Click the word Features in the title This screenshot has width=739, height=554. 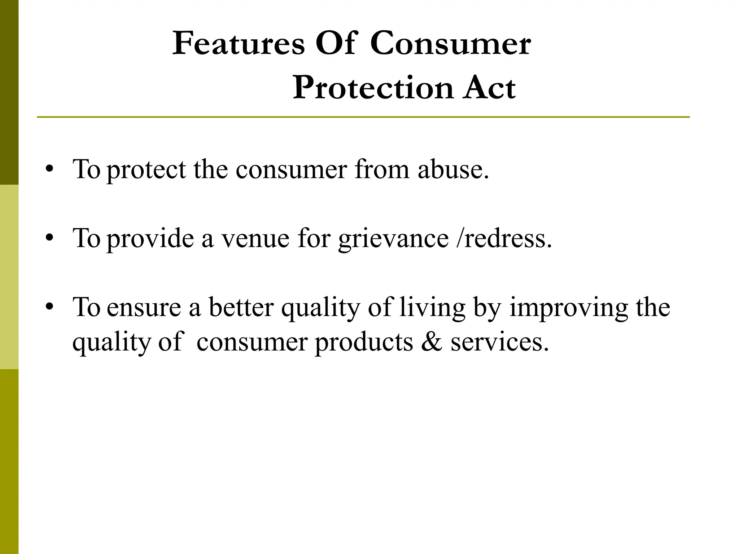(239, 44)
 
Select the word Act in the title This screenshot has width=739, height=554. (490, 88)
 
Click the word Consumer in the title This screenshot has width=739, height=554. (450, 44)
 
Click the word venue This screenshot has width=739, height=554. (255, 238)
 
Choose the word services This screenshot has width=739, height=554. (499, 342)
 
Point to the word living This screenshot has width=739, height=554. (432, 308)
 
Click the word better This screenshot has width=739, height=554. (241, 307)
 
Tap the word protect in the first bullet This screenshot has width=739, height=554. (146, 170)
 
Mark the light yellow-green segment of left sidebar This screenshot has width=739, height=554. (9, 277)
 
